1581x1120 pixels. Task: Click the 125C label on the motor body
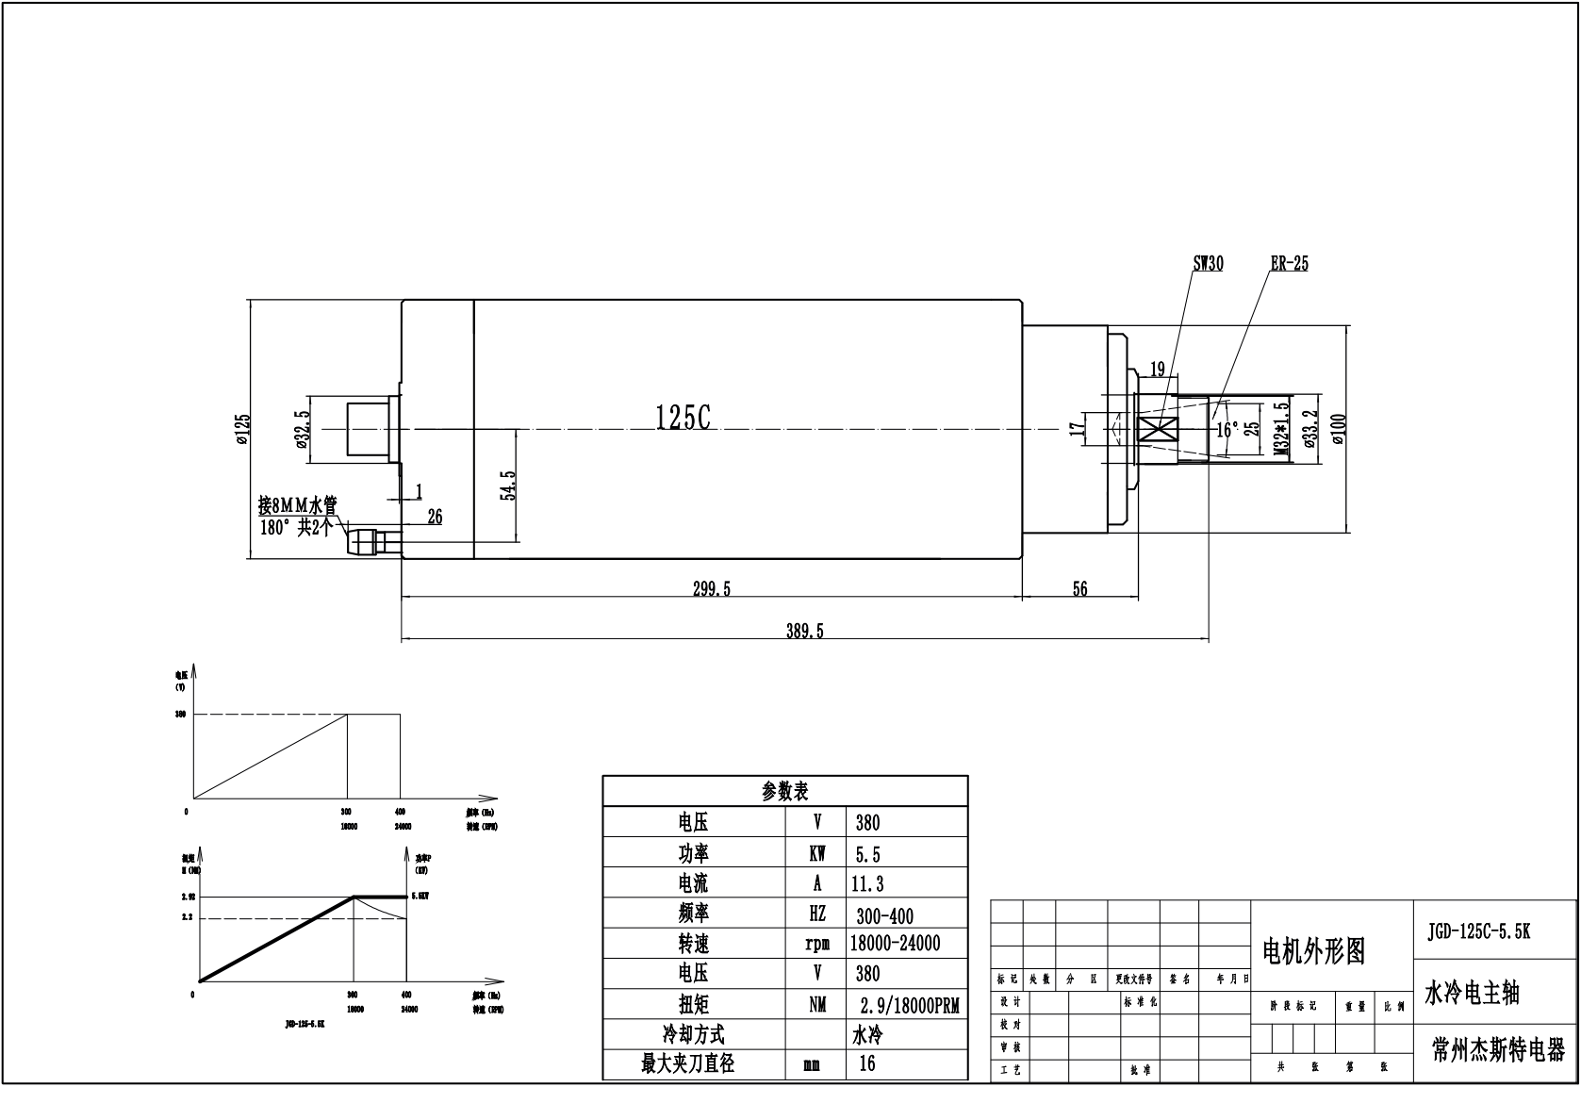pyautogui.click(x=683, y=418)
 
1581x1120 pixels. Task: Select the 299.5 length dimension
pyautogui.click(x=712, y=589)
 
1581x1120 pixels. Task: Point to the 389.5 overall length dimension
pyautogui.click(x=804, y=632)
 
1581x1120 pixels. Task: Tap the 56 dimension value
pyautogui.click(x=1079, y=589)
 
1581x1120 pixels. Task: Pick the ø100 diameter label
pyautogui.click(x=1339, y=430)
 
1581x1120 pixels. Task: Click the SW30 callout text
pyautogui.click(x=1208, y=264)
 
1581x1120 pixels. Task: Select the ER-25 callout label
pyautogui.click(x=1289, y=264)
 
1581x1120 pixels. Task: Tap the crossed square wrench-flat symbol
pyautogui.click(x=1160, y=430)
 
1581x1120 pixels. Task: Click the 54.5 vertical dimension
pyautogui.click(x=508, y=486)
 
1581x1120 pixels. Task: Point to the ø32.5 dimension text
pyautogui.click(x=302, y=430)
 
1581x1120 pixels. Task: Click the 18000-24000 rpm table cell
pyautogui.click(x=895, y=944)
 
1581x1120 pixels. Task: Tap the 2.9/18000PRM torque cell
pyautogui.click(x=909, y=1005)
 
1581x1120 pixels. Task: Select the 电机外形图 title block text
pyautogui.click(x=1313, y=952)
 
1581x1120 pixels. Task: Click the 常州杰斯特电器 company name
pyautogui.click(x=1497, y=1050)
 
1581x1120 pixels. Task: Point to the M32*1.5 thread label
pyautogui.click(x=1280, y=430)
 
